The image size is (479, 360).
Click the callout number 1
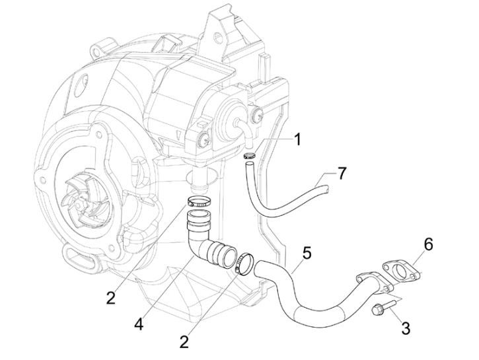pos(298,139)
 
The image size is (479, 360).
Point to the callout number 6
pos(428,245)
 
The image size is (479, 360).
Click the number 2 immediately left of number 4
pos(110,297)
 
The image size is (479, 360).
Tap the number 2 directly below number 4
pos(185,343)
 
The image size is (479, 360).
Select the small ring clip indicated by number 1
pos(250,157)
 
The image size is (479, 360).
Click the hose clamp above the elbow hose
pos(198,202)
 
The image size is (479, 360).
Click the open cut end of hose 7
pos(327,190)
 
